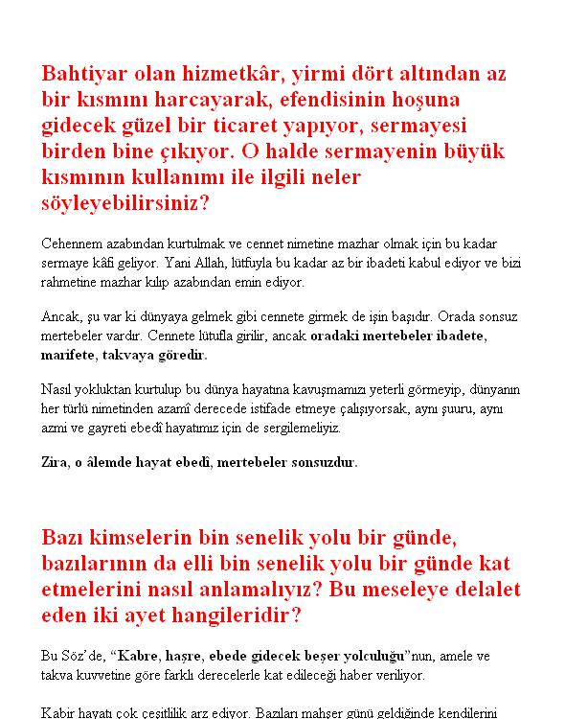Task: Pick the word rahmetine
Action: [72, 282]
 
